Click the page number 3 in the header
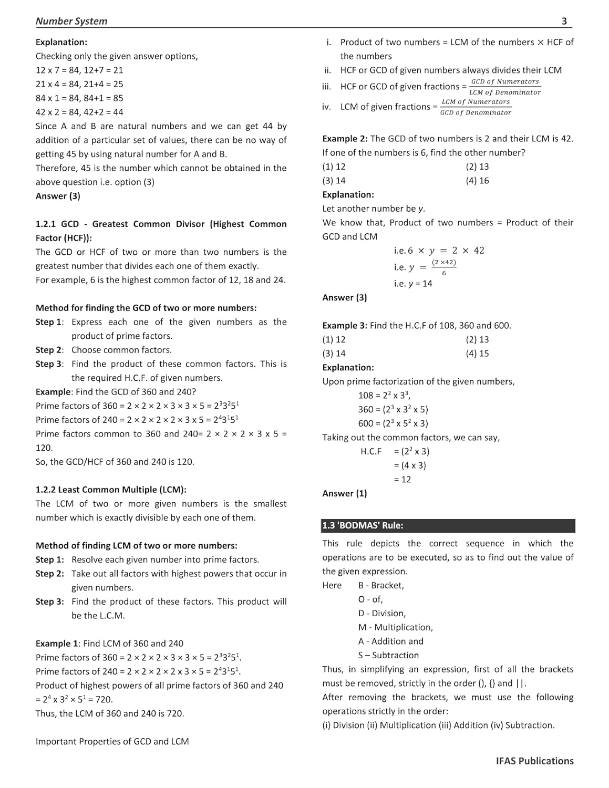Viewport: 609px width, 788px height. pos(564,21)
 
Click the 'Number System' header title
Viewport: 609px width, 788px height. pos(71,21)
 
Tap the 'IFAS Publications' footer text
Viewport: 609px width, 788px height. pos(534,761)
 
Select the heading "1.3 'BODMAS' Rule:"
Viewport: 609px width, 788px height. pos(363,525)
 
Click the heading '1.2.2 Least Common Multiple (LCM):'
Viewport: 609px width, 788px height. pos(111,490)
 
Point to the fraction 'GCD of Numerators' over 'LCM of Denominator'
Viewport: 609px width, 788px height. pos(504,87)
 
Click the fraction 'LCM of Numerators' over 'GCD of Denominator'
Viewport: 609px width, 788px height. pos(476,107)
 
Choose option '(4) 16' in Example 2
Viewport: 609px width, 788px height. pos(477,181)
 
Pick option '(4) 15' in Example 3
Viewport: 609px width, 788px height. pos(477,354)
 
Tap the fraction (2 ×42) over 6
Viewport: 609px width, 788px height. pos(444,267)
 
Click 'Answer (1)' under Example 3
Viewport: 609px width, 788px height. pos(345,493)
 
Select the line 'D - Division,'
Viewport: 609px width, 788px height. pos(382,613)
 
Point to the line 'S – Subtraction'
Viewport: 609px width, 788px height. pos(388,655)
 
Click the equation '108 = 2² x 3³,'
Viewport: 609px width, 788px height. pos(385,395)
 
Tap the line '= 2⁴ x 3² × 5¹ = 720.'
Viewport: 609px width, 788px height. pos(74,699)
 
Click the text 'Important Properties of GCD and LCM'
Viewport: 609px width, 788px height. pos(112,741)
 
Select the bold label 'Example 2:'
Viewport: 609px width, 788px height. pos(345,139)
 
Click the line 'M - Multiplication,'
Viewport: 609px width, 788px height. pos(396,627)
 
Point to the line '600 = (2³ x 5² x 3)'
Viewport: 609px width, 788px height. pos(393,423)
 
